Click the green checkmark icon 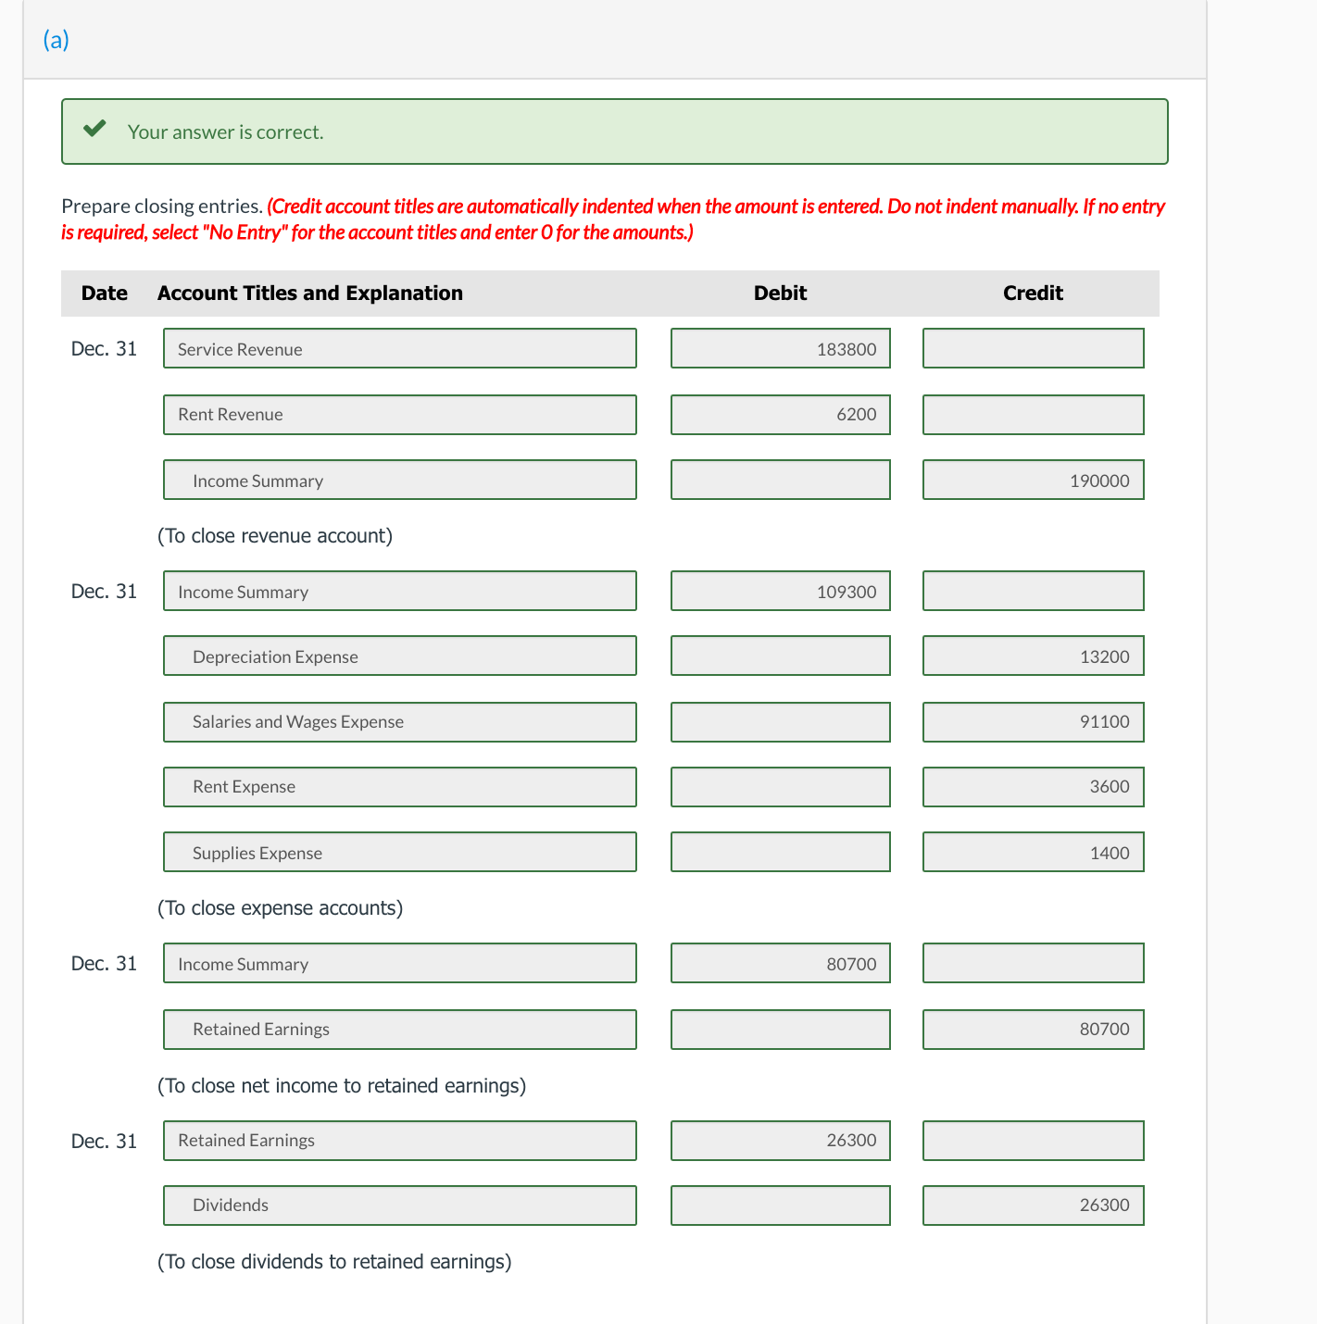tap(94, 129)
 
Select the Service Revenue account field tap(399, 349)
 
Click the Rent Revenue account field tap(399, 415)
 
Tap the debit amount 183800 tap(780, 349)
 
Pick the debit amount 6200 tap(780, 415)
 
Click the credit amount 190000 tap(1033, 481)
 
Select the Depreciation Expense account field tap(399, 656)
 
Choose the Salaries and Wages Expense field tap(399, 722)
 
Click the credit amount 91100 tap(1033, 722)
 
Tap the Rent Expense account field tap(399, 787)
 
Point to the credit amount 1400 tap(1033, 853)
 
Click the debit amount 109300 tap(780, 592)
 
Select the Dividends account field tap(399, 1205)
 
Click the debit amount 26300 tap(780, 1141)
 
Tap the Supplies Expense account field tap(399, 853)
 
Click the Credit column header tap(1033, 294)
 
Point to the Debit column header tap(780, 294)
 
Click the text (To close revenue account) tap(275, 536)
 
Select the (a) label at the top tap(56, 40)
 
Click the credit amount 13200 tap(1033, 656)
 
